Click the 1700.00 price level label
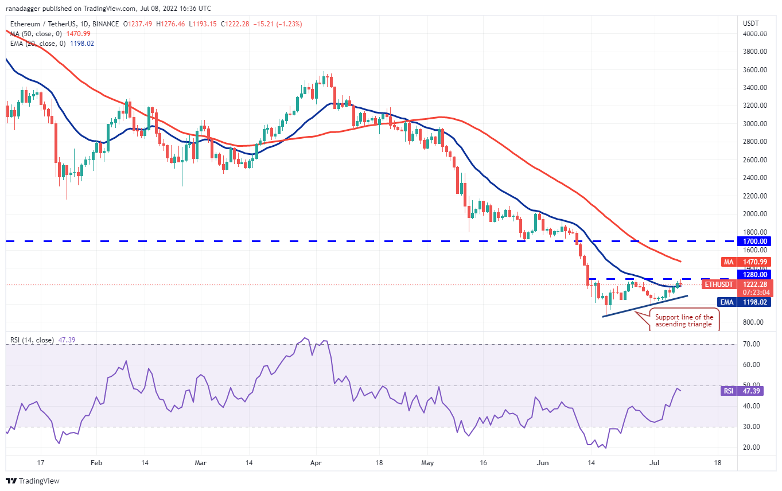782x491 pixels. click(x=755, y=241)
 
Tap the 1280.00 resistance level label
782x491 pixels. click(x=755, y=274)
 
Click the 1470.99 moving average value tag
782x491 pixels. click(x=755, y=262)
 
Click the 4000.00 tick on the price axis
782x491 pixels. click(x=755, y=34)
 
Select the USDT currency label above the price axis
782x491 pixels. click(x=751, y=24)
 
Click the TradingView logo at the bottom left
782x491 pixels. click(x=33, y=481)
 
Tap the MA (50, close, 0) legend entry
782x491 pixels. click(x=50, y=33)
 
